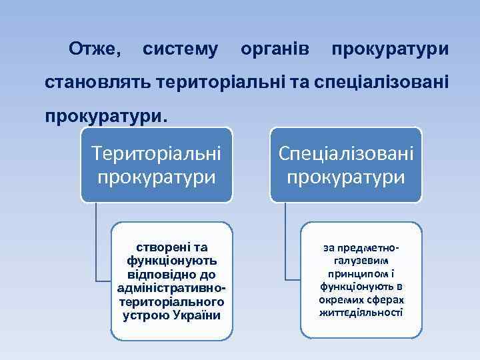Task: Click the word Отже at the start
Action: (x=95, y=49)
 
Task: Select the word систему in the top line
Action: (x=180, y=49)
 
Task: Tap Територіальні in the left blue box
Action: (x=157, y=153)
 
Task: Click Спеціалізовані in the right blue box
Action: (x=346, y=153)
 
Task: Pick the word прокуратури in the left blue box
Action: (x=157, y=177)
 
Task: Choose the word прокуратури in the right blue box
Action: (x=346, y=177)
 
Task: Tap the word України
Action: (x=198, y=315)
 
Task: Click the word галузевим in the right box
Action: (x=361, y=261)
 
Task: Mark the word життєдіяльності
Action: (x=361, y=313)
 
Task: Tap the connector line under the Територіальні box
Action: (x=96, y=247)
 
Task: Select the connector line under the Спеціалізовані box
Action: (x=285, y=247)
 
